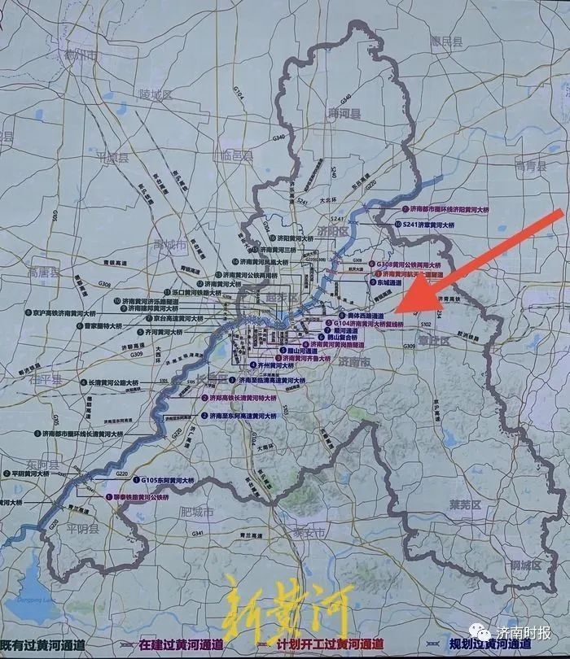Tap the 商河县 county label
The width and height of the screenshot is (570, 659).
[x=344, y=114]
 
